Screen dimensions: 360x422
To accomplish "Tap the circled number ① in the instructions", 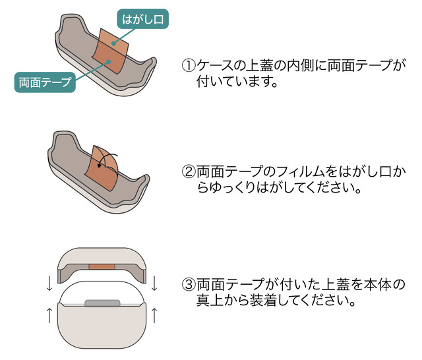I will click(x=189, y=66).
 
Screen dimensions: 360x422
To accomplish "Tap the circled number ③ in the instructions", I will click(x=189, y=285).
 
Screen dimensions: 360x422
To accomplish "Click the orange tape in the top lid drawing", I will click(x=110, y=51).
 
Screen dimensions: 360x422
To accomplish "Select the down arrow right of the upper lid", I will click(x=154, y=284).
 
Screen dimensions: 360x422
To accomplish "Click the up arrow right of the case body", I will click(x=154, y=315).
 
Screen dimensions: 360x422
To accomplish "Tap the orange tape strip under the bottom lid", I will click(x=102, y=266).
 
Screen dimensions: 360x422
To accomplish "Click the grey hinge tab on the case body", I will click(x=102, y=303).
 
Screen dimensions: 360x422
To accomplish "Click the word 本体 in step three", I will click(x=379, y=285).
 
